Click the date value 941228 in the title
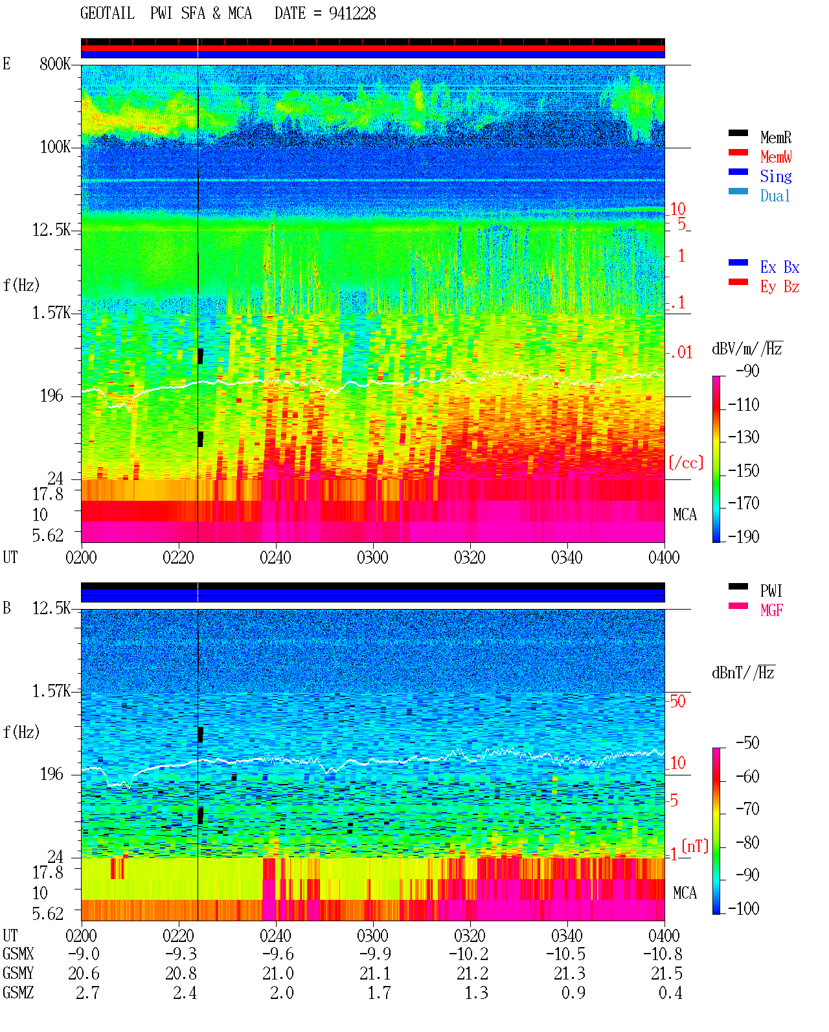pyautogui.click(x=352, y=13)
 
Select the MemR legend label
pyautogui.click(x=775, y=137)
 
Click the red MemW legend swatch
pyautogui.click(x=738, y=152)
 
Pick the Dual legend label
pyautogui.click(x=775, y=196)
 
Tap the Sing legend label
pyautogui.click(x=775, y=176)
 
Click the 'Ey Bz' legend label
pyautogui.click(x=779, y=287)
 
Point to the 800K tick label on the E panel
pyautogui.click(x=55, y=63)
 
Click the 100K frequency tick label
pyautogui.click(x=55, y=147)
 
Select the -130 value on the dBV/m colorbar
pyautogui.click(x=744, y=437)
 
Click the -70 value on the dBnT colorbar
pyautogui.click(x=747, y=809)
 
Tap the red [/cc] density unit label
pyautogui.click(x=686, y=463)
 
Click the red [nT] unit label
pyautogui.click(x=695, y=846)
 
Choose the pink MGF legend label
pyautogui.click(x=771, y=610)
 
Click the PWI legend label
pyautogui.click(x=771, y=591)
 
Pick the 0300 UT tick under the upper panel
pyautogui.click(x=372, y=558)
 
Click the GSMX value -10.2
pyautogui.click(x=468, y=954)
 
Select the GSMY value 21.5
pyautogui.click(x=666, y=974)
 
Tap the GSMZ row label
pyautogui.click(x=18, y=992)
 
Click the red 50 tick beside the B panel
pyautogui.click(x=677, y=702)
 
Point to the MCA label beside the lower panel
pyautogui.click(x=685, y=893)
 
